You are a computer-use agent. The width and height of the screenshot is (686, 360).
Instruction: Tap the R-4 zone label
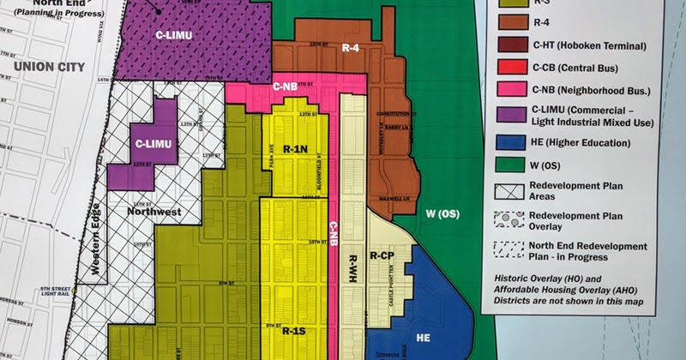350,49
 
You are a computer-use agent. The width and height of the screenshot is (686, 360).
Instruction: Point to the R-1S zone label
293,331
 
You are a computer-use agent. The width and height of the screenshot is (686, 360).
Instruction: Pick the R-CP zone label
382,256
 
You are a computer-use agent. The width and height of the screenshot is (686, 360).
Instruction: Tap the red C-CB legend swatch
514,66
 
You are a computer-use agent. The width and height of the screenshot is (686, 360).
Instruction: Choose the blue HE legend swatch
514,143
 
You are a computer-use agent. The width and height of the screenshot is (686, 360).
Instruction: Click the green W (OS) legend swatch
514,164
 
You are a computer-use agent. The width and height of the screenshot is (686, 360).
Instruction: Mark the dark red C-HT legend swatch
514,45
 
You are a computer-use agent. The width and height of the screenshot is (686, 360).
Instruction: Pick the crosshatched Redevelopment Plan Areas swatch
514,191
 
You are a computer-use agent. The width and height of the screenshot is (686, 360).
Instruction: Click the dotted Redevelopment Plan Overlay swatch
514,220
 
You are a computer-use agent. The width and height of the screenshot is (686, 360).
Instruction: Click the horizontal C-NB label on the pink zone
286,87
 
